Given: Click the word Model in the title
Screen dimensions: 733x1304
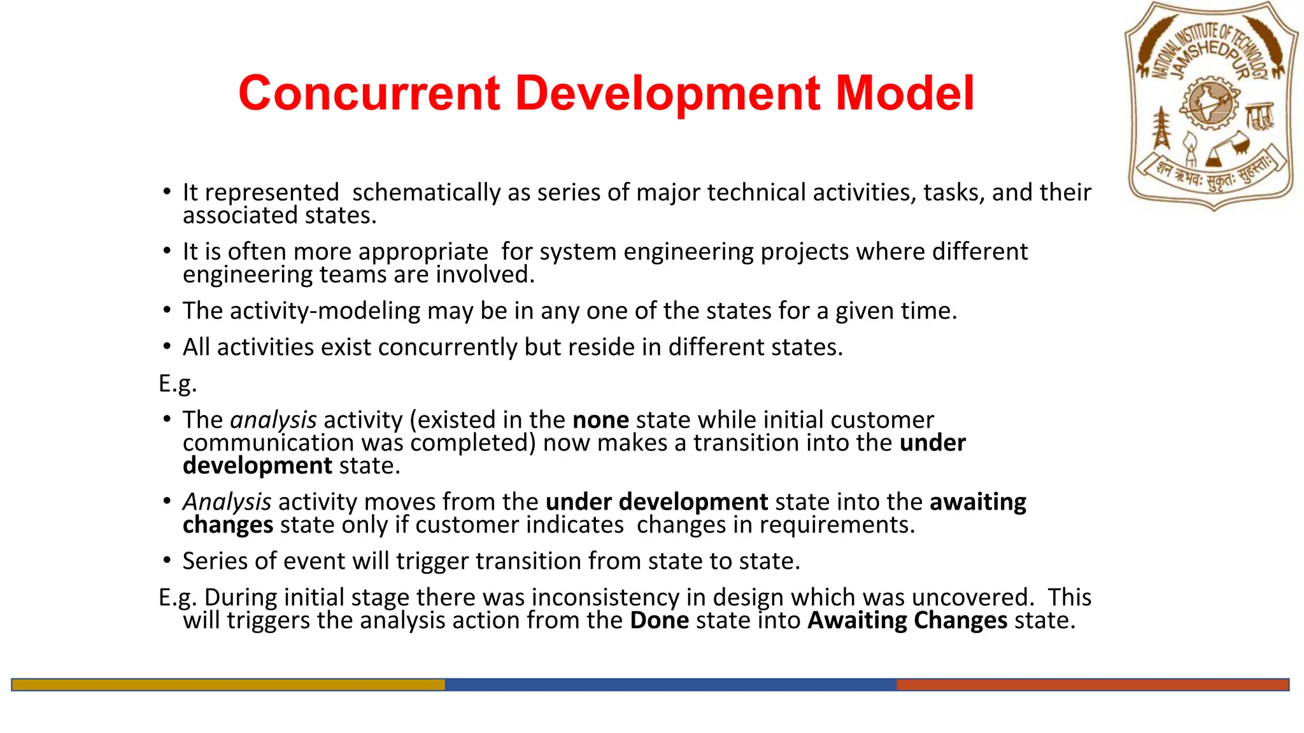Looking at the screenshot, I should [904, 94].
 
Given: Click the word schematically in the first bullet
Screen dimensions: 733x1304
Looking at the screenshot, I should [426, 192].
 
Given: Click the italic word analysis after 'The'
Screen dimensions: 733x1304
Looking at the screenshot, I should [273, 420].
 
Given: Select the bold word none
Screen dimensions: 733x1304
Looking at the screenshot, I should [600, 420].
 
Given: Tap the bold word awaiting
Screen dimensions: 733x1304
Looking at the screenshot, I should [977, 502].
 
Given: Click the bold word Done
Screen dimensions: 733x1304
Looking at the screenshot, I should [659, 620].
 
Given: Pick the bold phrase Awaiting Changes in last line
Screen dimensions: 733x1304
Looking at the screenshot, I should [907, 620].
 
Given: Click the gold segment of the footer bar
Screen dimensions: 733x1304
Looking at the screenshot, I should [228, 685].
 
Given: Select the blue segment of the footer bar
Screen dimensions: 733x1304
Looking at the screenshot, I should [670, 685].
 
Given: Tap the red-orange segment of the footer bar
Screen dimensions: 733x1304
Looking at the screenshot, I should [1092, 685].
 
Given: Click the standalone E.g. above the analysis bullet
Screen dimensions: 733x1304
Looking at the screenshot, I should [178, 384].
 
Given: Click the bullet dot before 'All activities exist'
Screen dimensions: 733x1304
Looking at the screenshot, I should [167, 347].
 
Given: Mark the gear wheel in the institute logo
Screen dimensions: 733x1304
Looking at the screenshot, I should [1209, 104].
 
